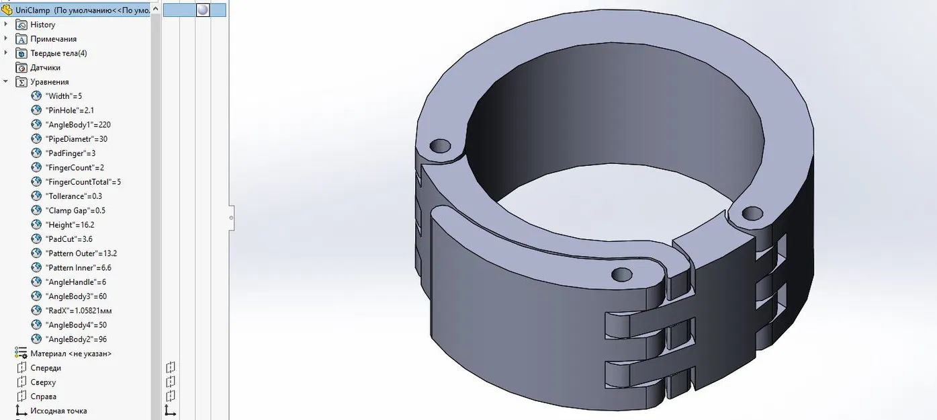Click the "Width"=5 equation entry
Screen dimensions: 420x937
(64, 96)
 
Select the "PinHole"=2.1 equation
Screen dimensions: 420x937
(69, 110)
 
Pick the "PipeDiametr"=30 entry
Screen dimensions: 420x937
(76, 139)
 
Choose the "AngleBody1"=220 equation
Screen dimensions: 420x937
(77, 125)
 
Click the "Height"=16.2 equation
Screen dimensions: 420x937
(69, 225)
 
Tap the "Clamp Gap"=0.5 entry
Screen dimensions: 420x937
(75, 210)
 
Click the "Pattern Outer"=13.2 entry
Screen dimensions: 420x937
(81, 253)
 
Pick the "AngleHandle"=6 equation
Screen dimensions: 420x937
(75, 282)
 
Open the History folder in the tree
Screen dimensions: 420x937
(42, 25)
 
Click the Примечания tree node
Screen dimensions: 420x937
(53, 39)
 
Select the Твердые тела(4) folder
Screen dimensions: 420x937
(58, 53)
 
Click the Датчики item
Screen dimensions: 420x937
(45, 68)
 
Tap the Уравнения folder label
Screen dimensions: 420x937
(49, 82)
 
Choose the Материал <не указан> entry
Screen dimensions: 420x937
(71, 353)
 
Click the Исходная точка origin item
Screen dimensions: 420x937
(58, 411)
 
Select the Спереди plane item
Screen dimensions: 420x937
(46, 368)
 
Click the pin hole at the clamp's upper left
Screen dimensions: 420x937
(440, 145)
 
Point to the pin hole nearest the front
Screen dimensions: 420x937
(622, 275)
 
